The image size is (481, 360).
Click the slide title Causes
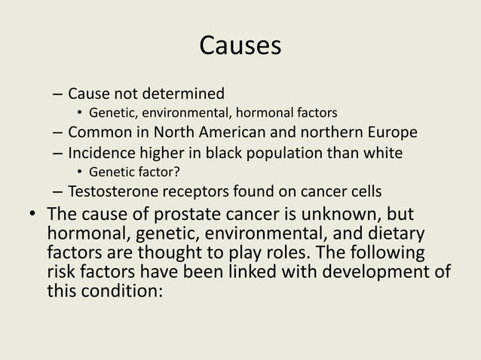coord(240,45)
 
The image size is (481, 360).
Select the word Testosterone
coord(115,189)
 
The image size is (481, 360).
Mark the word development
coord(381,271)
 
